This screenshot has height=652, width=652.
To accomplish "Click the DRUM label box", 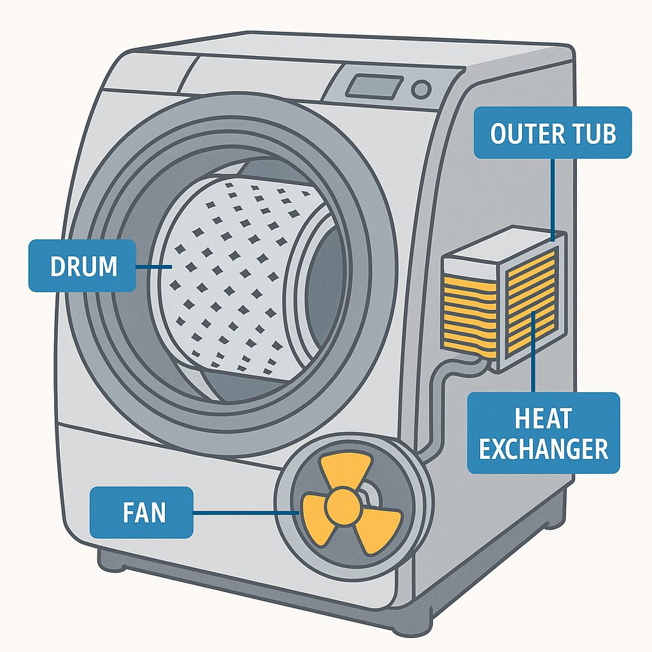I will [82, 266].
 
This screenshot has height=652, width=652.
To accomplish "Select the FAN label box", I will [141, 512].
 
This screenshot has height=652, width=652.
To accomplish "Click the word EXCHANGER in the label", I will [544, 449].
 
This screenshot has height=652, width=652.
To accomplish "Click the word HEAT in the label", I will [543, 419].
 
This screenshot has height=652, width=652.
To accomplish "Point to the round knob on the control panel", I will [420, 89].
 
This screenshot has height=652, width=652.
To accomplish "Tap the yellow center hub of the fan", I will [343, 506].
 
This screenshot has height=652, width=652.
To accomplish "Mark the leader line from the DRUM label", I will [153, 266].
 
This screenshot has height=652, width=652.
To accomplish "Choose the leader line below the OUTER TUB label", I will [553, 197].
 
